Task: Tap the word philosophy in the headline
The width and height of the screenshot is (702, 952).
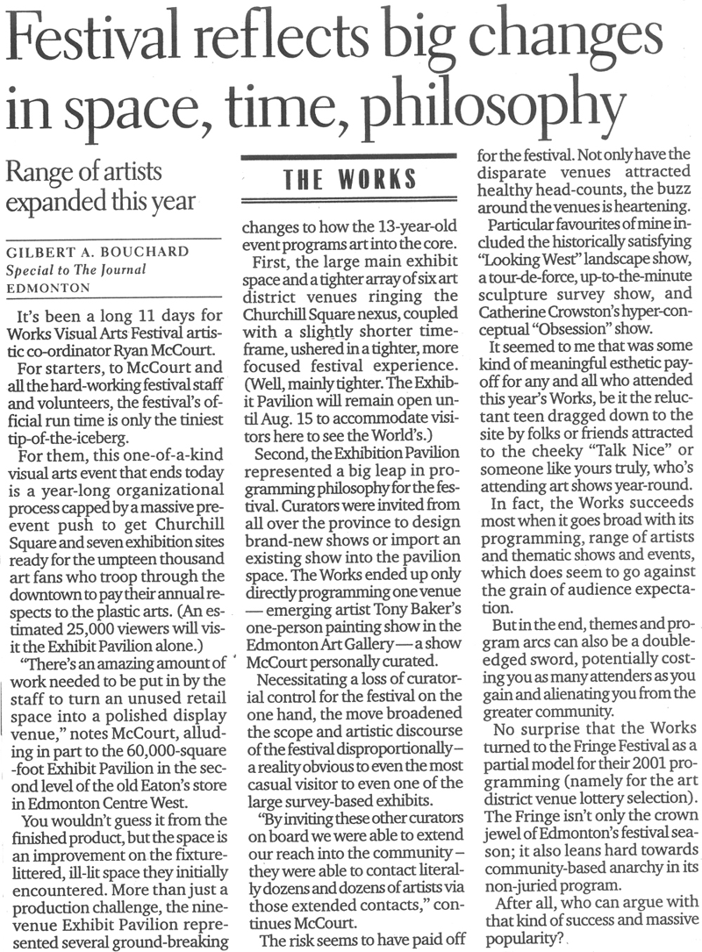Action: click(x=491, y=109)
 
